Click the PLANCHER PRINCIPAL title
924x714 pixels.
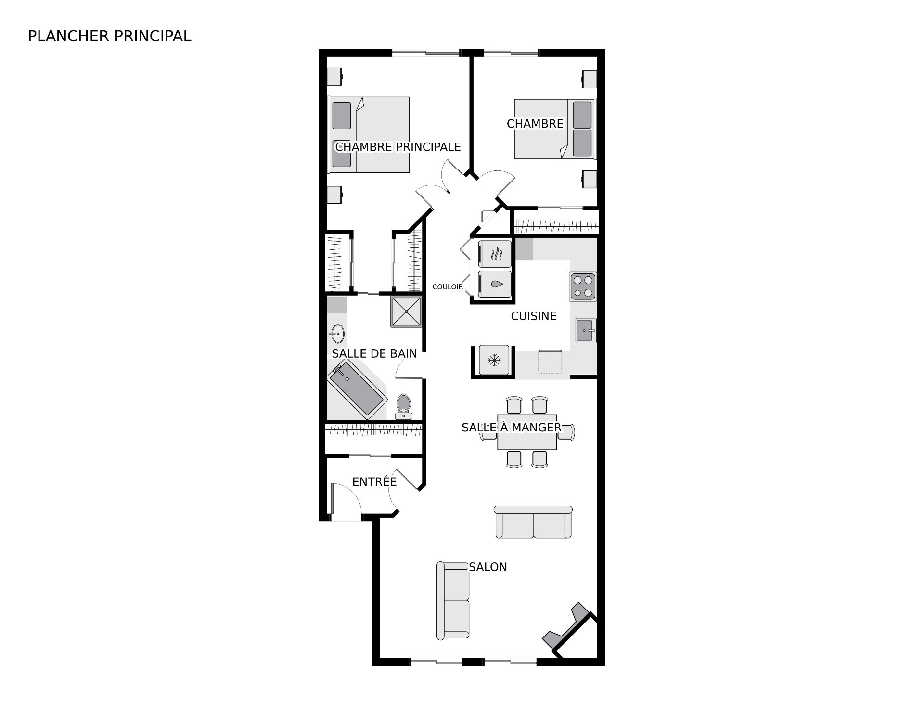point(110,36)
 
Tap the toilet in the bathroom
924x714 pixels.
point(404,407)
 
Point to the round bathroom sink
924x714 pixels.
point(336,333)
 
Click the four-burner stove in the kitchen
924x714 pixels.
point(583,286)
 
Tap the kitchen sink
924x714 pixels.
point(586,330)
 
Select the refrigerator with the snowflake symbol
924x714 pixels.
point(493,359)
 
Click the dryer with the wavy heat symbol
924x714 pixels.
point(495,254)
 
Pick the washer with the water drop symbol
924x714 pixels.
point(495,285)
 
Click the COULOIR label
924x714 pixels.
point(448,287)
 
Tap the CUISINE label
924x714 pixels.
point(534,316)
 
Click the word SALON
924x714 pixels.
point(488,567)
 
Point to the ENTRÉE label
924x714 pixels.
point(374,481)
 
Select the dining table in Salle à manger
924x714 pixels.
point(527,432)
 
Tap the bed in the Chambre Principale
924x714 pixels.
point(369,135)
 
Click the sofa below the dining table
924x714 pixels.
point(533,522)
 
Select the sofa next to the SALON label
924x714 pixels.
point(453,601)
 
